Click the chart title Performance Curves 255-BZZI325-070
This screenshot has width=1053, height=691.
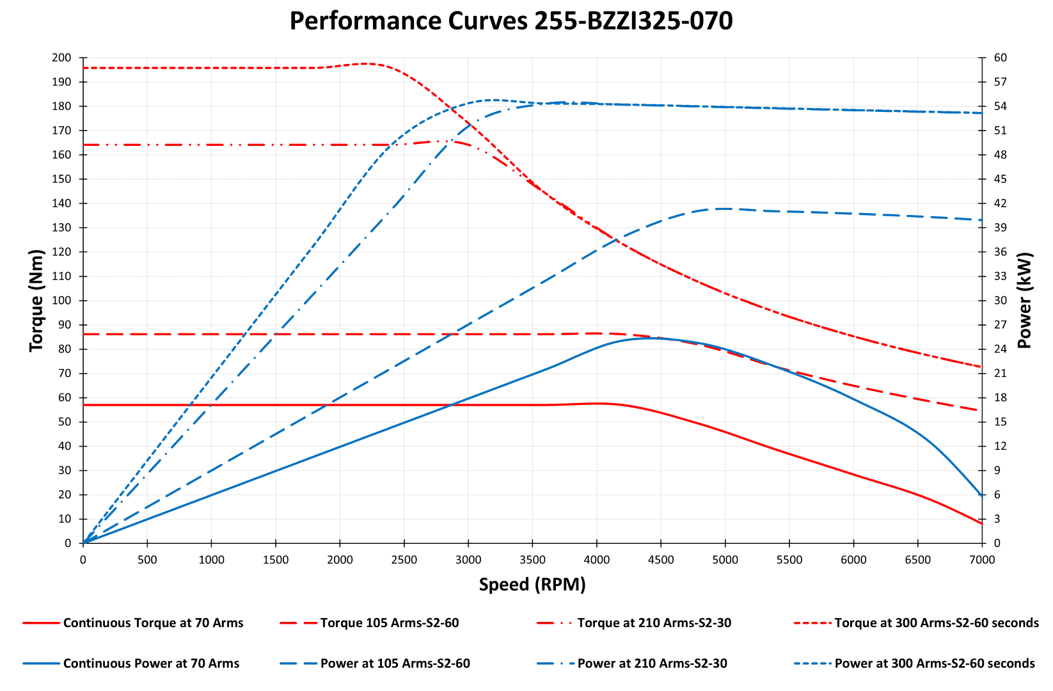click(511, 21)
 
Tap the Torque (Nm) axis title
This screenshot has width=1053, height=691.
click(36, 301)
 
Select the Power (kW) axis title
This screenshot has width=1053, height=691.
click(1024, 301)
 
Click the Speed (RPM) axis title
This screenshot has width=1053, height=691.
click(532, 584)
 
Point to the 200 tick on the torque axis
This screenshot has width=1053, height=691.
click(62, 58)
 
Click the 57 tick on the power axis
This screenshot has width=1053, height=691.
click(1000, 82)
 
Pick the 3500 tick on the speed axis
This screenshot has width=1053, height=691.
click(532, 560)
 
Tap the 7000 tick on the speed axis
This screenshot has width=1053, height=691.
click(982, 560)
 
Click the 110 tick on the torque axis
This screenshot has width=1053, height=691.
click(62, 276)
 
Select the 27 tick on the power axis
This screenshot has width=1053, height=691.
click(1000, 325)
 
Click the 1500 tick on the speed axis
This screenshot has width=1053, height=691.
click(276, 560)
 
